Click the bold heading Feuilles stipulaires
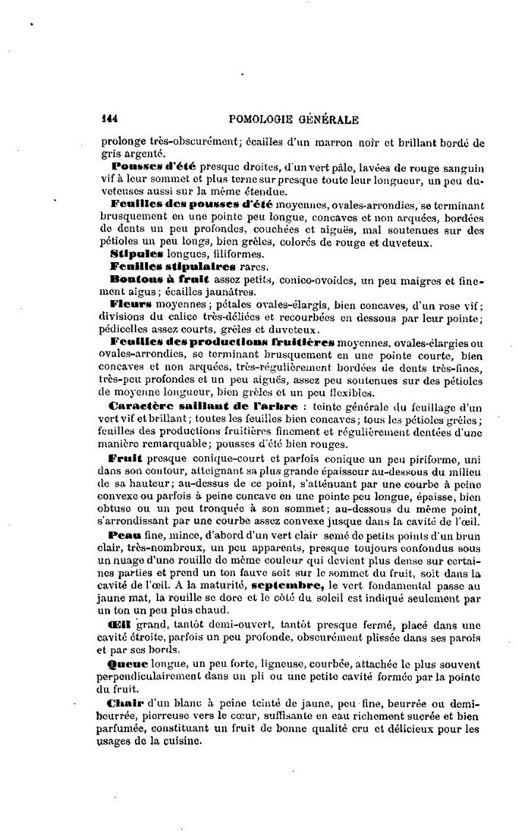161,265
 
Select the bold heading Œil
119,625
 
